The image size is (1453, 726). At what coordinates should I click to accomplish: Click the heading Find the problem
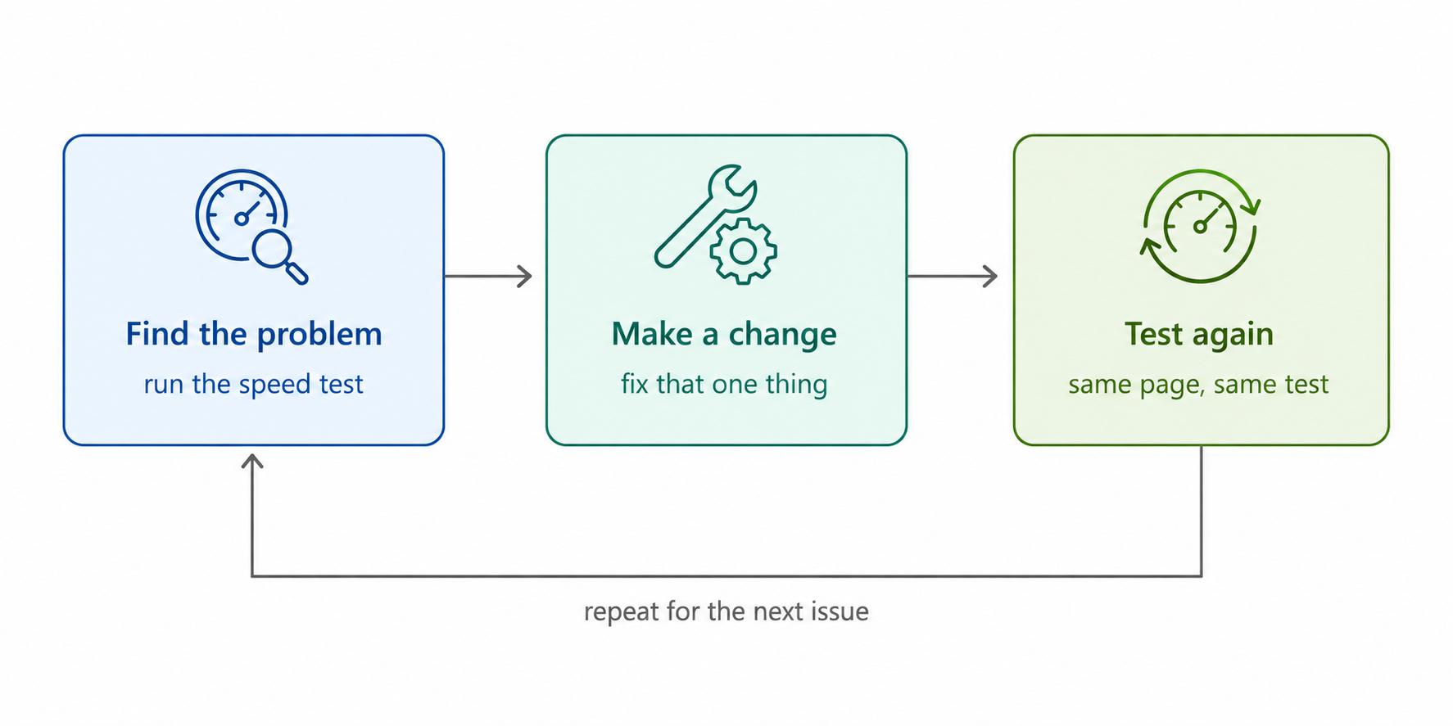click(254, 335)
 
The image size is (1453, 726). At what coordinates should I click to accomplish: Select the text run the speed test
click(253, 384)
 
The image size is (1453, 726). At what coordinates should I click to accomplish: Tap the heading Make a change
click(724, 335)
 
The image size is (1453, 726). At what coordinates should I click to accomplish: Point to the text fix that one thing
click(724, 384)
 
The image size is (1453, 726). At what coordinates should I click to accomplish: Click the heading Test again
click(1199, 335)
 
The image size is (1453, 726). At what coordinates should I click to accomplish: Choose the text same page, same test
click(1198, 385)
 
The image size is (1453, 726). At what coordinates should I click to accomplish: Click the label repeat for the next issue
click(726, 611)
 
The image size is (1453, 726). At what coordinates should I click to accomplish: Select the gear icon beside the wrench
click(743, 251)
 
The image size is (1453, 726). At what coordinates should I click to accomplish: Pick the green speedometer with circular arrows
click(1200, 226)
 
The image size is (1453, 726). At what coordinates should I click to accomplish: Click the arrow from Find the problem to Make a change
click(488, 276)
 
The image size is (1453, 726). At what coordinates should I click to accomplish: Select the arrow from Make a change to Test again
click(953, 276)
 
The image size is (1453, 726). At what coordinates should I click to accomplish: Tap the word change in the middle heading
click(782, 335)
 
